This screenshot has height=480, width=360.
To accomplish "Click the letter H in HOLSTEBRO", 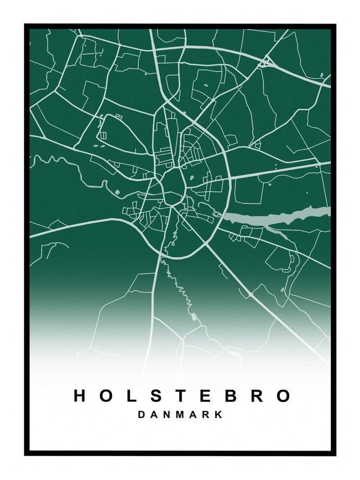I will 80,396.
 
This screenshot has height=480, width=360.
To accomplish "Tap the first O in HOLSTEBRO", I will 106,396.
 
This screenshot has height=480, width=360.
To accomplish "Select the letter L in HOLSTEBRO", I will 130,396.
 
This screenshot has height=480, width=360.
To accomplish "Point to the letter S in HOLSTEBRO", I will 154,396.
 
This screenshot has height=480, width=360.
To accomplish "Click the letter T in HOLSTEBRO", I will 179,396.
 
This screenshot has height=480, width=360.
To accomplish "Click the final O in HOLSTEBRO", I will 283,396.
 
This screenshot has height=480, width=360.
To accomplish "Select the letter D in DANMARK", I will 141,415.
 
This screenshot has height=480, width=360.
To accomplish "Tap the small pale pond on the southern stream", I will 194,317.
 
